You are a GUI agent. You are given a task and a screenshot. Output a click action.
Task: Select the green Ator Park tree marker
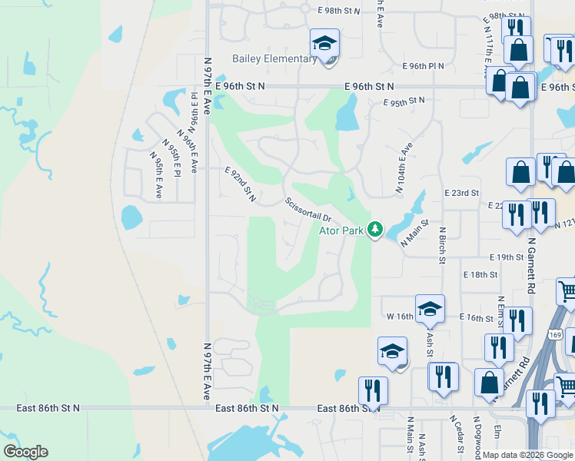click(x=375, y=230)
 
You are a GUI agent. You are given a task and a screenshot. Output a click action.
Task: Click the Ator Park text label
click(x=343, y=230)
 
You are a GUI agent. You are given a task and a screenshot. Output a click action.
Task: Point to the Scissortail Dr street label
click(x=307, y=208)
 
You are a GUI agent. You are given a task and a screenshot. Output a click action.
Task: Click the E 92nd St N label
click(x=241, y=185)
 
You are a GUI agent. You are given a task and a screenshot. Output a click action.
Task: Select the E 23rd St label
click(x=462, y=193)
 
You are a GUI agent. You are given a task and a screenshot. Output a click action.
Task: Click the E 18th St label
click(x=480, y=274)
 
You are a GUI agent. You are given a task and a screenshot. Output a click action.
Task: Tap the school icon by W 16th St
click(x=429, y=309)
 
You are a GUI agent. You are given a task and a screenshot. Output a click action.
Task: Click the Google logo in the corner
click(x=25, y=452)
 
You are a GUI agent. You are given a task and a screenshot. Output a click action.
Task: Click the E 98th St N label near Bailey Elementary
click(x=339, y=11)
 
